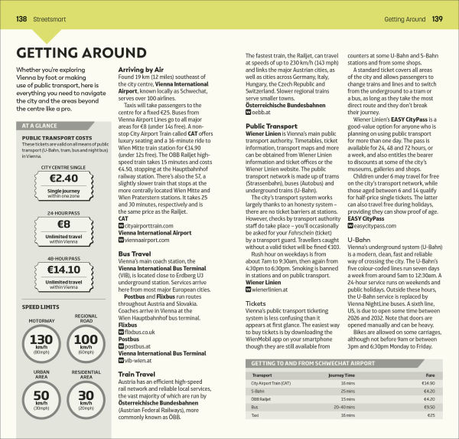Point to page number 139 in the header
click(437, 18)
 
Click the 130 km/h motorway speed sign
click(39, 343)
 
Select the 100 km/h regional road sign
click(86, 342)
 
